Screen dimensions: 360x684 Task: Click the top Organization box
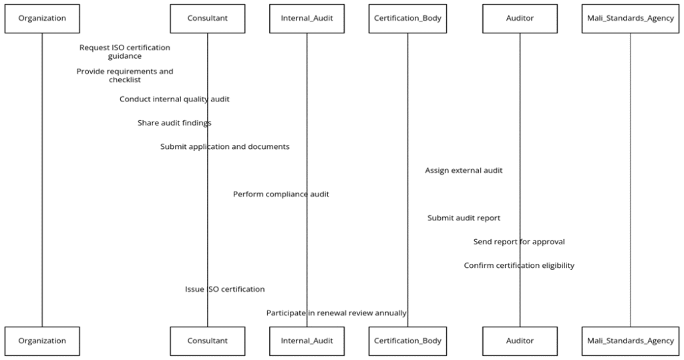tap(42, 19)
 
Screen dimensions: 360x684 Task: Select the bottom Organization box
tap(42, 341)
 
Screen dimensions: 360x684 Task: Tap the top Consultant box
tap(207, 19)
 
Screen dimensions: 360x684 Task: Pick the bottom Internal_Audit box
tap(307, 341)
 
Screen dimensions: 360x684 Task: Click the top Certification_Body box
tap(407, 19)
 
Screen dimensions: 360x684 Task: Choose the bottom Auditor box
tap(520, 341)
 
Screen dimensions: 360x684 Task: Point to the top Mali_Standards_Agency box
tap(630, 19)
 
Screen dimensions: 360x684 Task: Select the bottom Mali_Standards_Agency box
tap(630, 341)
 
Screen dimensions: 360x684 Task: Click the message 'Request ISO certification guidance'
tap(124, 52)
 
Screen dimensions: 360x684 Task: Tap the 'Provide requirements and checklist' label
tap(124, 75)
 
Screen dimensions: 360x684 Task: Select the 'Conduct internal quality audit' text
tap(174, 100)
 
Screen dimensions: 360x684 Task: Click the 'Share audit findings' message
tap(174, 123)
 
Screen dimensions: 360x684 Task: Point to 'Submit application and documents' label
tap(224, 147)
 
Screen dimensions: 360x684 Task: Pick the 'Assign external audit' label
tap(464, 171)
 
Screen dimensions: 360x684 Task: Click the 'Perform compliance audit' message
tap(281, 194)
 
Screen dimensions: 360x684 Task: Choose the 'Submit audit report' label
tap(464, 218)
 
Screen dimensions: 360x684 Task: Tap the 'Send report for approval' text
tap(519, 242)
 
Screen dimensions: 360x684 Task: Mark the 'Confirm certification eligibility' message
tap(519, 266)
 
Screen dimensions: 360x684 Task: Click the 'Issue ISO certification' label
tap(224, 290)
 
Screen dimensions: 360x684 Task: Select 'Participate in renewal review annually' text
tap(336, 313)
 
